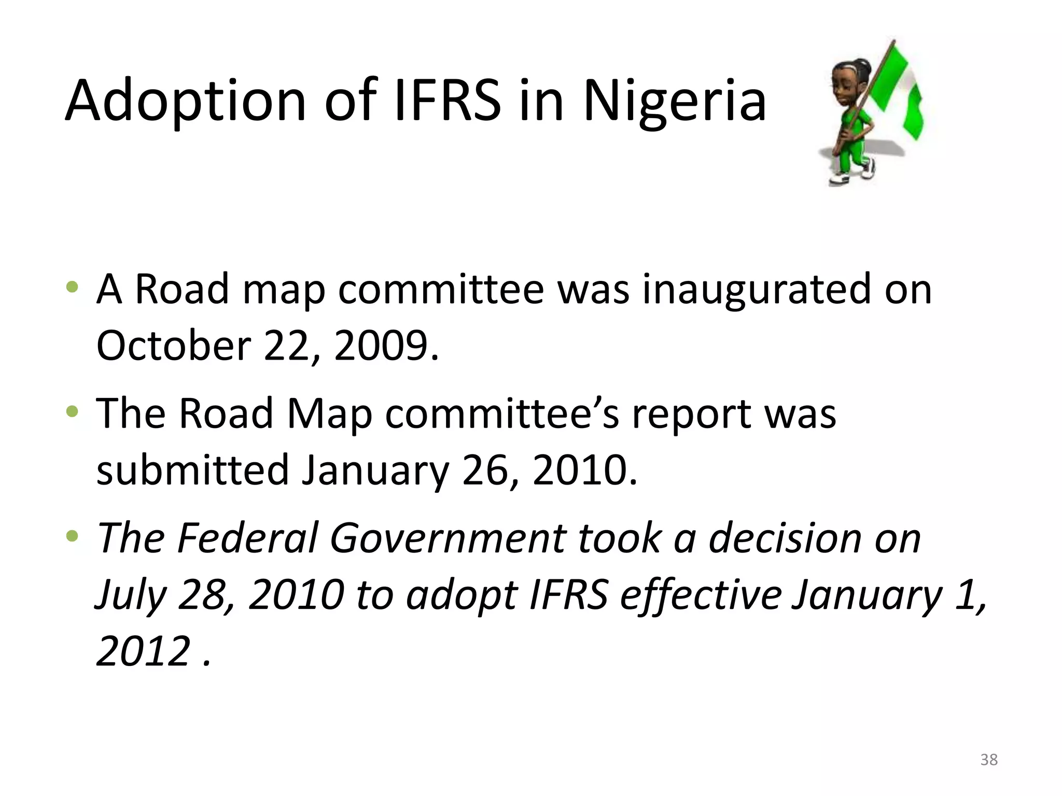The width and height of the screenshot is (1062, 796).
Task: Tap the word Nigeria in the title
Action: [x=674, y=101]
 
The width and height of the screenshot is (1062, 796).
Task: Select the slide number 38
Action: [x=989, y=760]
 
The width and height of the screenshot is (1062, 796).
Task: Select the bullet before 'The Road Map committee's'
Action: [x=73, y=412]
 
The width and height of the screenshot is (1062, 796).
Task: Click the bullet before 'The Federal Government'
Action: [x=73, y=536]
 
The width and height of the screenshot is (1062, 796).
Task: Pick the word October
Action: [x=174, y=346]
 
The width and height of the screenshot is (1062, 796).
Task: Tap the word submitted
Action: [x=192, y=470]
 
